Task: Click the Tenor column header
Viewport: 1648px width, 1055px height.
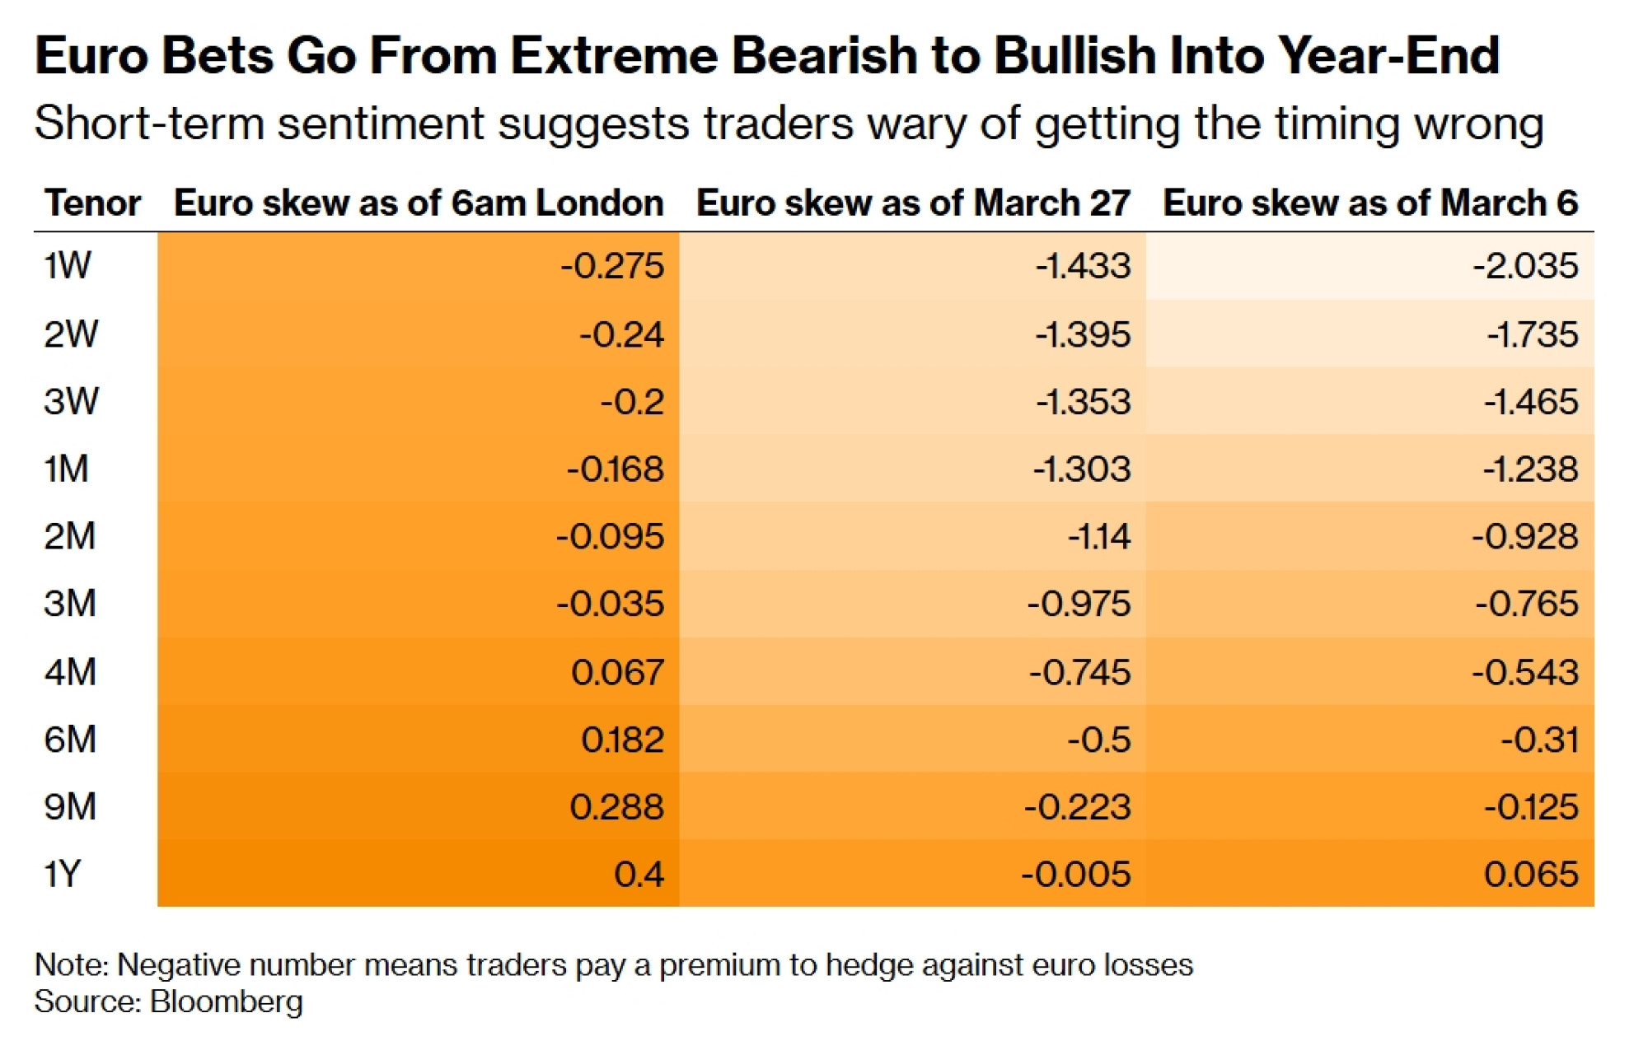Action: point(92,203)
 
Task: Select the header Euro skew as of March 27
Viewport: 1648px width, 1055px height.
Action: point(913,203)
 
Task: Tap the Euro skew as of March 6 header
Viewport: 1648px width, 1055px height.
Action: point(1370,203)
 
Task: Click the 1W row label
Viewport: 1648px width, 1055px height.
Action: point(68,266)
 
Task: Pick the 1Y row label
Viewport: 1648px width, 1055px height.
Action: point(63,874)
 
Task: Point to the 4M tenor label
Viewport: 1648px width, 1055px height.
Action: point(70,672)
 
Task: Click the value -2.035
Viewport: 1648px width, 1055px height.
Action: point(1525,266)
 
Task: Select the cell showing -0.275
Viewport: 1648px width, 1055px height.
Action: point(612,266)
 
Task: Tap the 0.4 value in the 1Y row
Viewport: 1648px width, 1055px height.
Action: point(639,874)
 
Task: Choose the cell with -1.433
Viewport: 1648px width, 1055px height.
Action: point(1083,266)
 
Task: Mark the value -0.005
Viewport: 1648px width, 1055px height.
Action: point(1076,874)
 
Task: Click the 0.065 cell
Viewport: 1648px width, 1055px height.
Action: point(1531,874)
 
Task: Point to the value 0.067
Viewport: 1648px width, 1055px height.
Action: point(617,672)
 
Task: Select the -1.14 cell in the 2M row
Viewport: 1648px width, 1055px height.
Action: point(1099,537)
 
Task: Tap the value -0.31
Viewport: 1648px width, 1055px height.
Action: point(1539,740)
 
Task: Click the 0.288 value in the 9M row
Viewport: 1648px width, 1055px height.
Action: point(616,806)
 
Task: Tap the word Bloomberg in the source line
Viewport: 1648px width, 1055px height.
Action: point(227,1002)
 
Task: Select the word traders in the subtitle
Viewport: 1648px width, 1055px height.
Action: point(779,124)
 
